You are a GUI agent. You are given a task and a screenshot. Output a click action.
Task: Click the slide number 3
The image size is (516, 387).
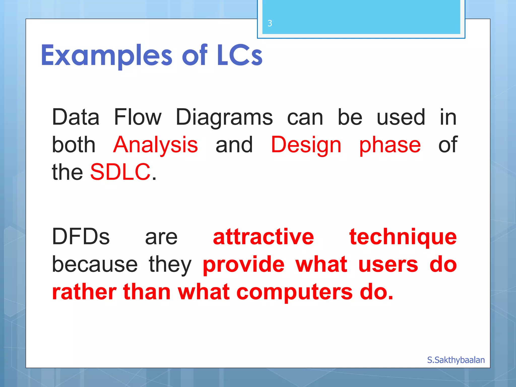point(270,23)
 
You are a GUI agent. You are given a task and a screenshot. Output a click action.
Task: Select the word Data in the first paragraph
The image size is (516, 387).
point(76,117)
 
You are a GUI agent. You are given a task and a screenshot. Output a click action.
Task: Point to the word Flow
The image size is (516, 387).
point(138,117)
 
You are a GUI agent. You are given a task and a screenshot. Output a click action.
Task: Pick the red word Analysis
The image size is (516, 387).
point(155,145)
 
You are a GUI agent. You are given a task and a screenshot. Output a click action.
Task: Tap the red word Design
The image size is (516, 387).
point(306,145)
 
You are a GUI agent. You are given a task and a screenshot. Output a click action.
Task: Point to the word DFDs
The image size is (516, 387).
point(81,237)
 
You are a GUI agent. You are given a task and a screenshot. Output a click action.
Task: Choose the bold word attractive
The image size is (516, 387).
point(263,237)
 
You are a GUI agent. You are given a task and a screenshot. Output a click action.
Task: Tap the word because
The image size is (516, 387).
point(95,264)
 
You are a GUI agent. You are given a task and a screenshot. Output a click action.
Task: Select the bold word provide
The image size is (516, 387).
point(244,264)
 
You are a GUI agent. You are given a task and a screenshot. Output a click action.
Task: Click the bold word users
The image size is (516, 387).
point(388,265)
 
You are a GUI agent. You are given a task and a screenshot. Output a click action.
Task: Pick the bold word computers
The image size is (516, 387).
point(294,293)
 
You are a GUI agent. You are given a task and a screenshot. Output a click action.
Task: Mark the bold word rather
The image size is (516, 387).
point(84,292)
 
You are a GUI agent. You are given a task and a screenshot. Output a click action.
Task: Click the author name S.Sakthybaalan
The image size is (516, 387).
point(456,360)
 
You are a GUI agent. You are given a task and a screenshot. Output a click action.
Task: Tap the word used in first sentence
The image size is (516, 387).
point(401,117)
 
